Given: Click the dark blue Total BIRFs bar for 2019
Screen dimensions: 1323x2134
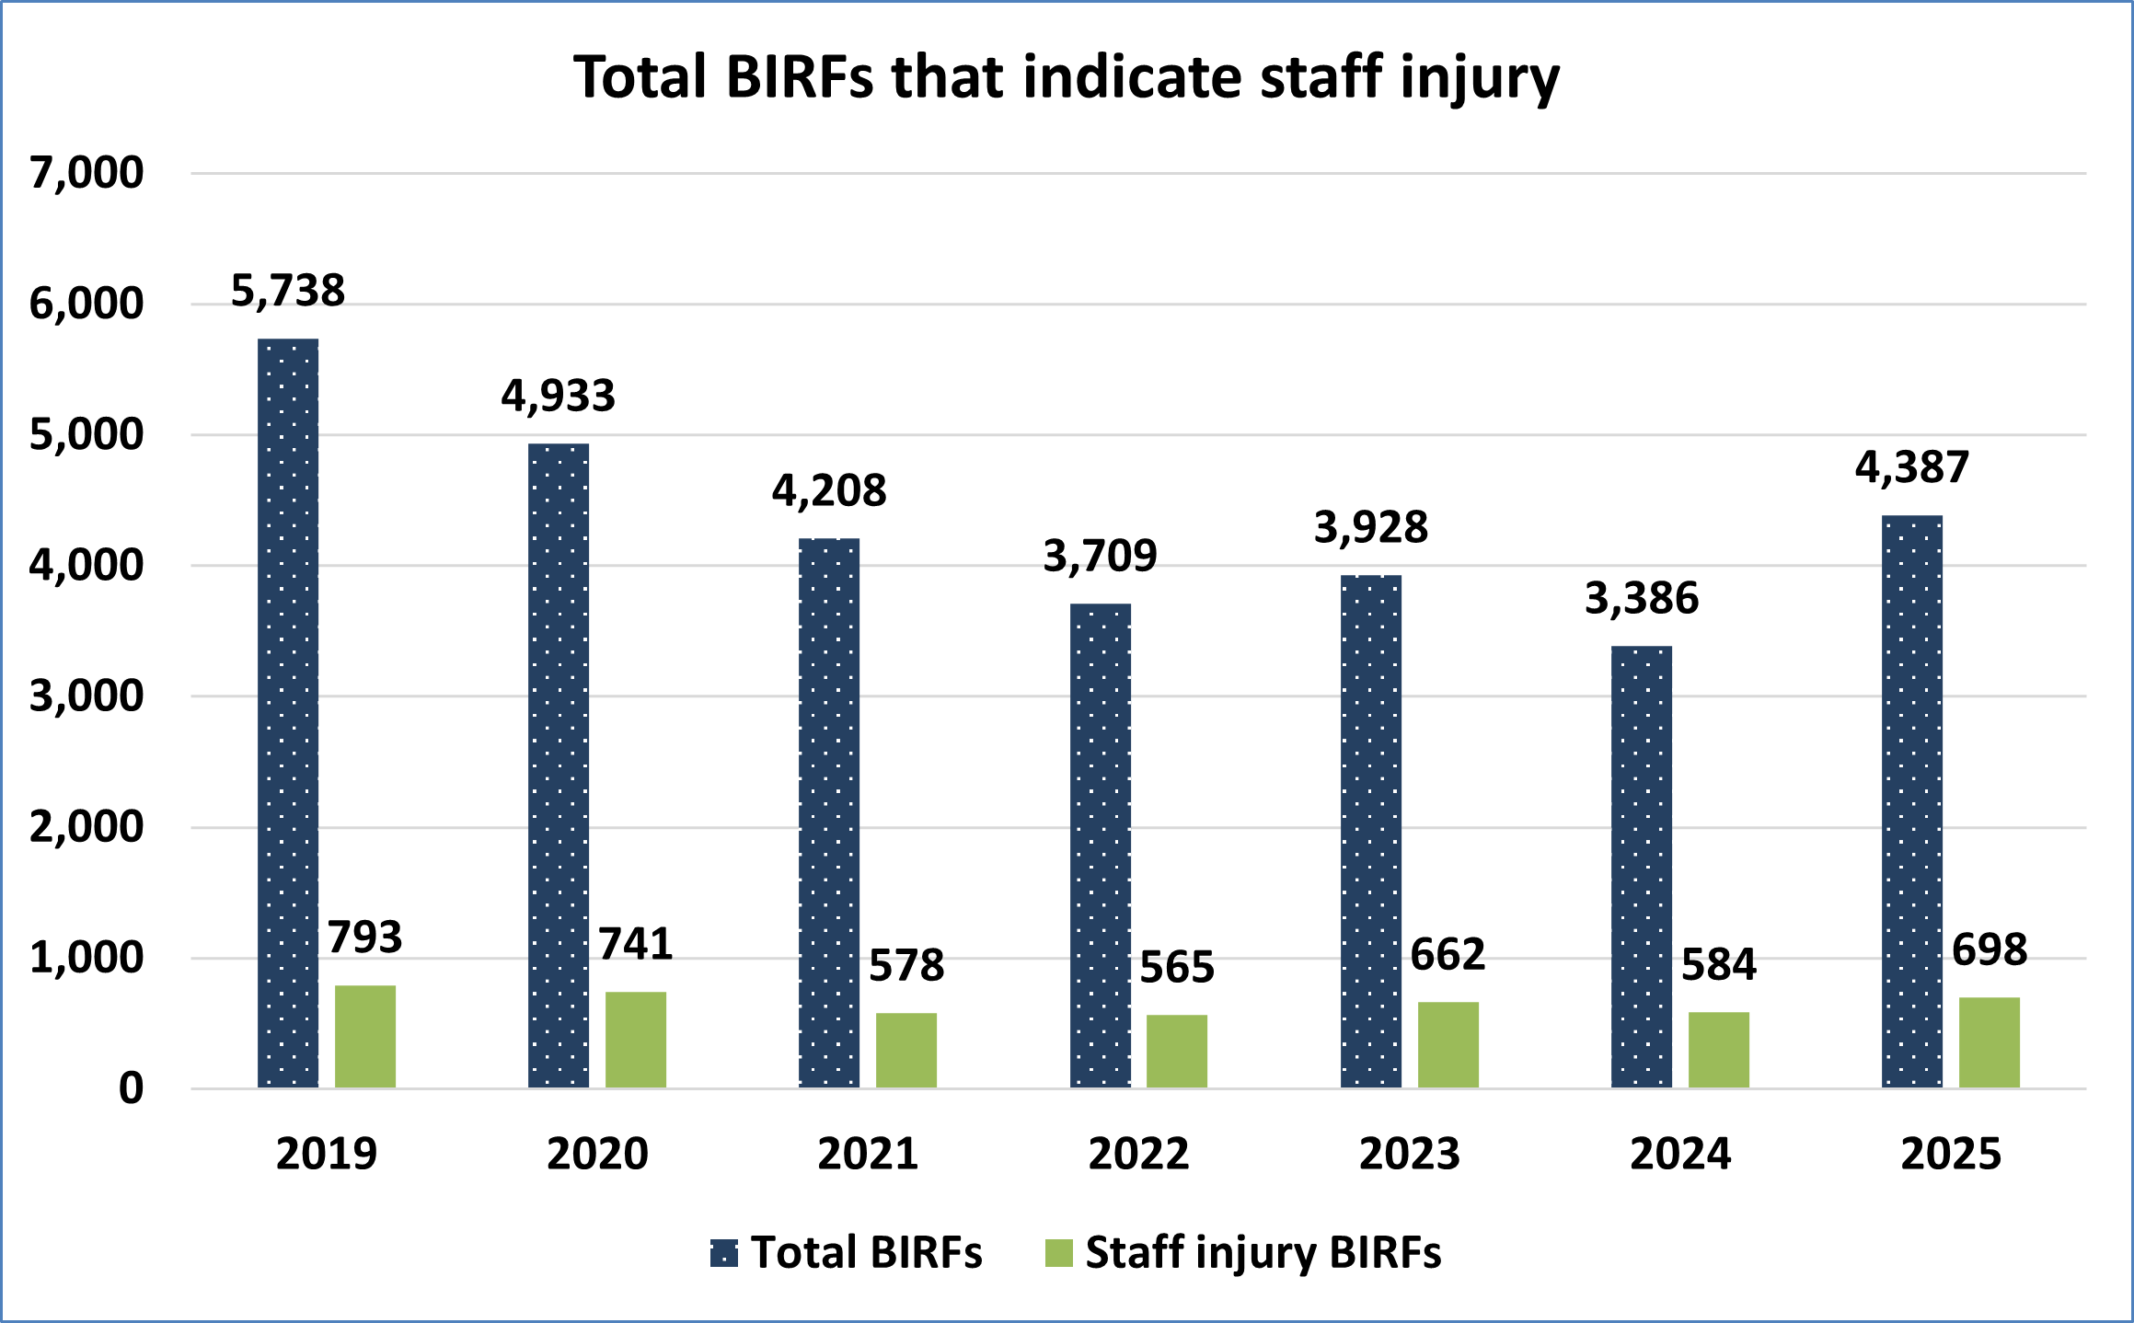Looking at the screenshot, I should tap(288, 713).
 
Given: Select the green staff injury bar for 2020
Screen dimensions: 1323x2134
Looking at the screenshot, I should tap(636, 1040).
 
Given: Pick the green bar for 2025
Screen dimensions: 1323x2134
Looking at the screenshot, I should tap(1990, 1042).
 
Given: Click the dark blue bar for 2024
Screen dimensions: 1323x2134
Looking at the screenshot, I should tap(1642, 867).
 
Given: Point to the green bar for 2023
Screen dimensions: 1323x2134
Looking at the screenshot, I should tap(1448, 1044).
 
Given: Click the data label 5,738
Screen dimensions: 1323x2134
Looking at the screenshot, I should tap(288, 291).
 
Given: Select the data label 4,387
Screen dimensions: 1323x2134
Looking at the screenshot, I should tap(1912, 467).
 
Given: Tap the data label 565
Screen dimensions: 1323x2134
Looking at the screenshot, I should tap(1177, 967).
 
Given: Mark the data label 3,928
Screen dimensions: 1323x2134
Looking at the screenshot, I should tap(1371, 527).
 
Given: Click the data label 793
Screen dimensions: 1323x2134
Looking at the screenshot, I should tap(365, 938).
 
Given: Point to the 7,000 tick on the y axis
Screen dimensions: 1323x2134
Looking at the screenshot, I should tap(87, 173).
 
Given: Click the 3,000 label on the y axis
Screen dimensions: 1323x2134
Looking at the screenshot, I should tap(87, 696).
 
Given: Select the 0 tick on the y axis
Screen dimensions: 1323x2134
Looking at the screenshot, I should tap(132, 1089).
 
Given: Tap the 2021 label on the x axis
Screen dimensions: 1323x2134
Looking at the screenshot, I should tap(868, 1154).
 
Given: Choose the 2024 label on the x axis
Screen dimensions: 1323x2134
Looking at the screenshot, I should tap(1680, 1154).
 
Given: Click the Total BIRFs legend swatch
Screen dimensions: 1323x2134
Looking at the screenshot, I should tap(724, 1253).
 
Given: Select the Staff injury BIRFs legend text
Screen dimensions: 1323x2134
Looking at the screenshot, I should tap(1263, 1253).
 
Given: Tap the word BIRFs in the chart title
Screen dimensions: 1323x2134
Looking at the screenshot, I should tap(799, 77).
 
